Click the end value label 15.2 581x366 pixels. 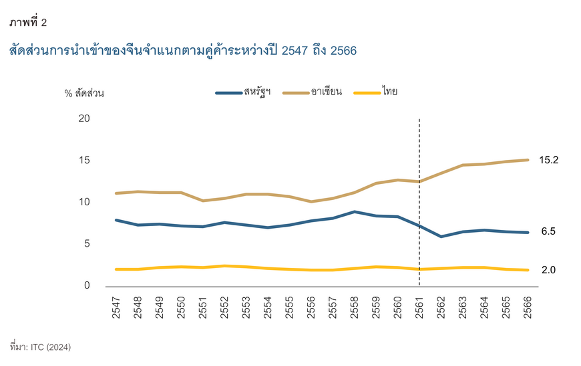click(549, 160)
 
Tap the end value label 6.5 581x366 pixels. click(548, 232)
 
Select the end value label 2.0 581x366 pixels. click(548, 270)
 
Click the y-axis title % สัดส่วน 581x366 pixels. click(84, 93)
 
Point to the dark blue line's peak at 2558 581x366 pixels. click(355, 212)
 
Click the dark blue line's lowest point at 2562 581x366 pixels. click(441, 236)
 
